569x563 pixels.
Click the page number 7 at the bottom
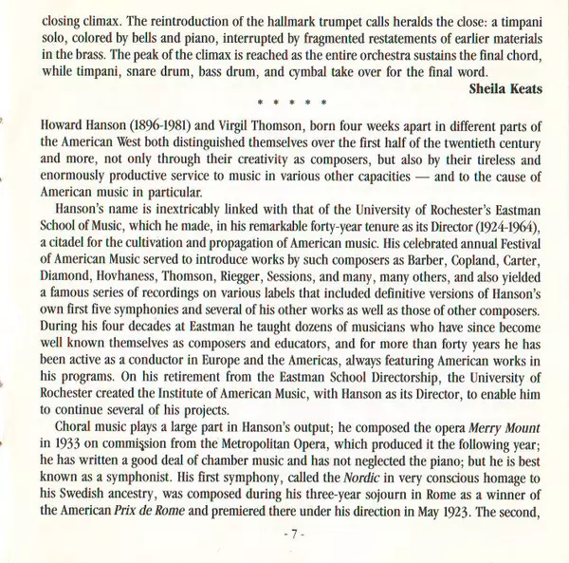click(293, 546)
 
